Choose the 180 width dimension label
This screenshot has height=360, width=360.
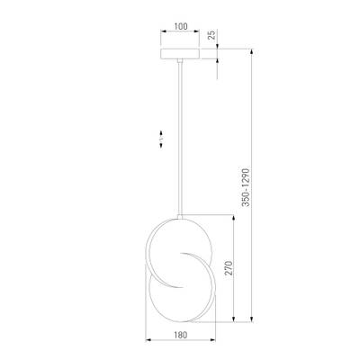[180, 333]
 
